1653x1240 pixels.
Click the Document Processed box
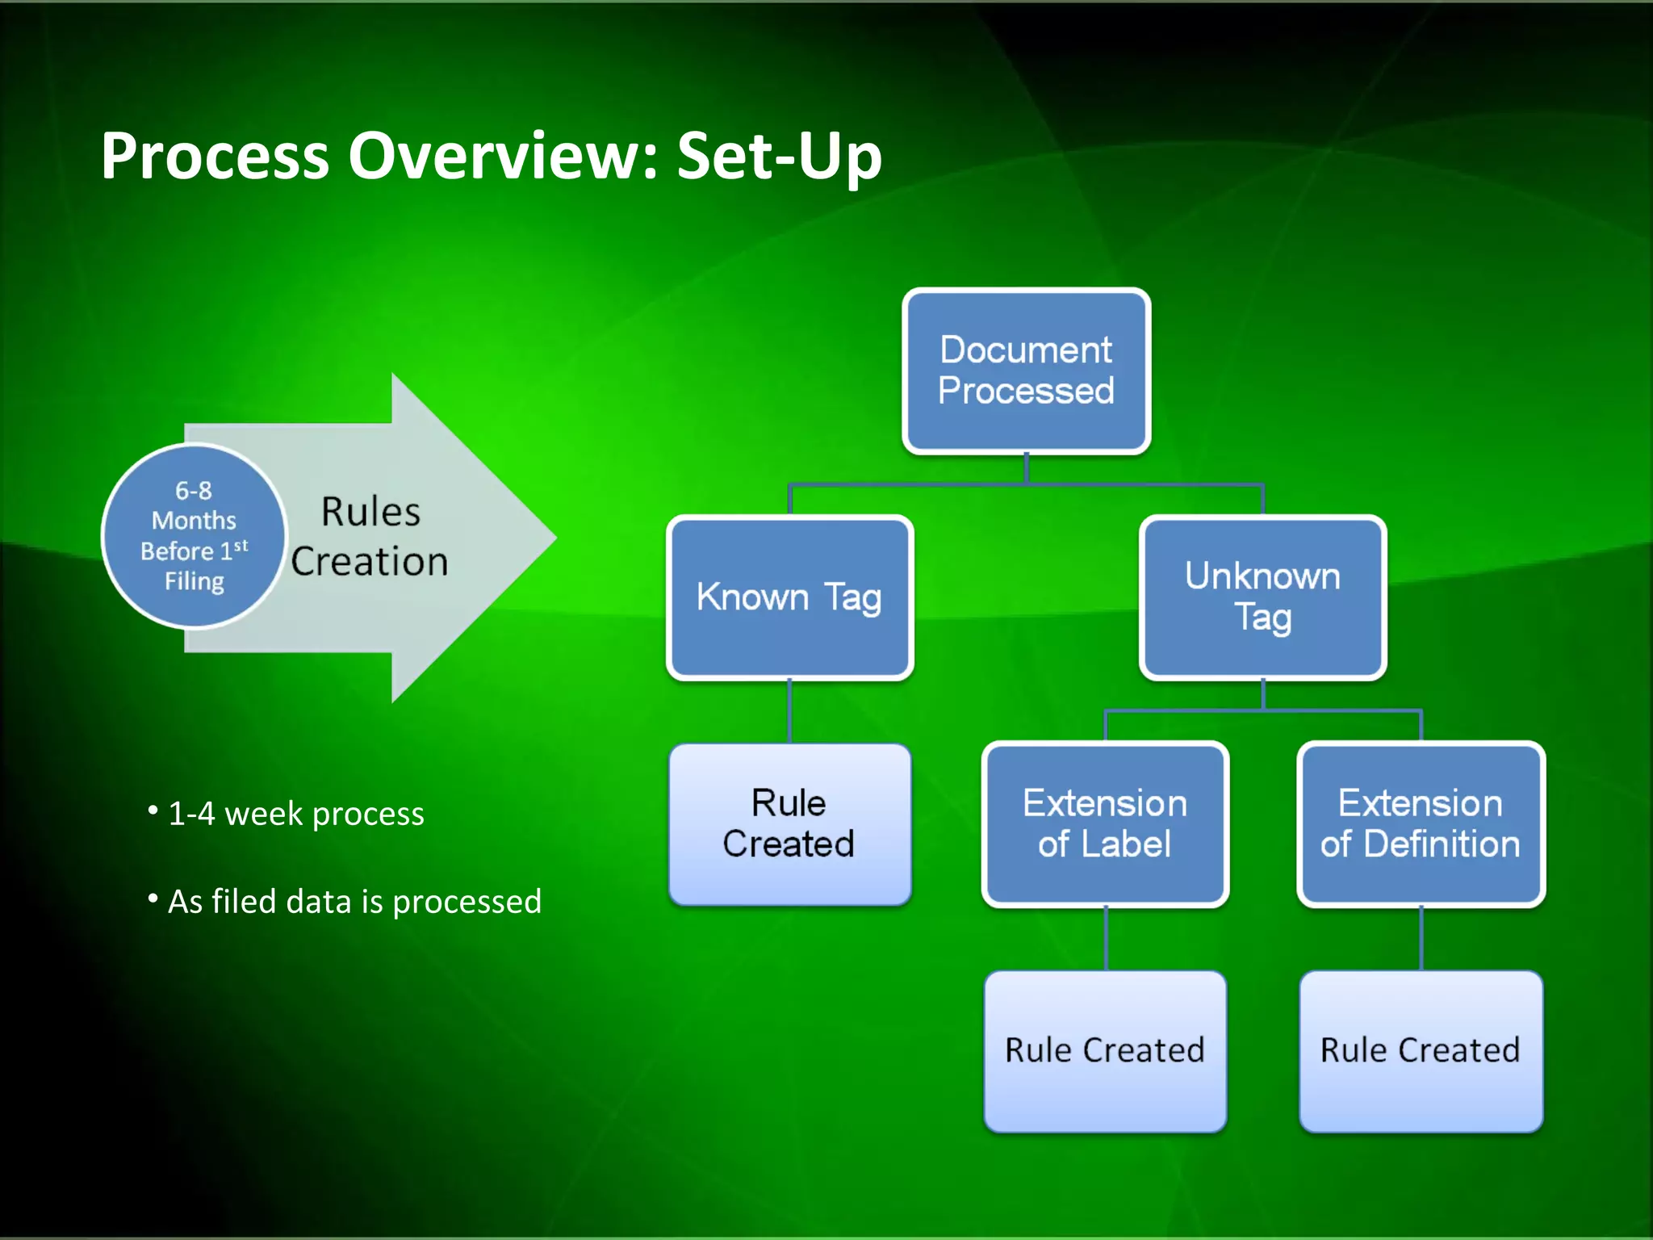tap(1026, 371)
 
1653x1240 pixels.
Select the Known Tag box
tap(789, 597)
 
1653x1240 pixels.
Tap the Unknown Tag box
tap(1262, 597)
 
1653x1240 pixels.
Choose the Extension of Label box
tap(1105, 823)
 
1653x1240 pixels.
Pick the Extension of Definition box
tap(1421, 823)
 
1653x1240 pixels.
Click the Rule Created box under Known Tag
tap(789, 823)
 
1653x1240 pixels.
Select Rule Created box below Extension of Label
tap(1105, 1050)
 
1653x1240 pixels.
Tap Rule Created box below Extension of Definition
tap(1421, 1050)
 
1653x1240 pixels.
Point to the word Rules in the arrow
tap(370, 512)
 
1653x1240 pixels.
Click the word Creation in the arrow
tap(370, 562)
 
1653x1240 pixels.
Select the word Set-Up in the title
tap(779, 156)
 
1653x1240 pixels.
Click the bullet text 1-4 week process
tap(295, 814)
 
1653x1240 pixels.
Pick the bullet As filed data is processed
tap(354, 902)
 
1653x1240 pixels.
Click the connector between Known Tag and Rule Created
tap(789, 710)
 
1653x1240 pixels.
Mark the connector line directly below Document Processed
tap(1026, 468)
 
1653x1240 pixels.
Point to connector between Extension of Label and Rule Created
tap(1105, 938)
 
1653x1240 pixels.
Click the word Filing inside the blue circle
tap(195, 581)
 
